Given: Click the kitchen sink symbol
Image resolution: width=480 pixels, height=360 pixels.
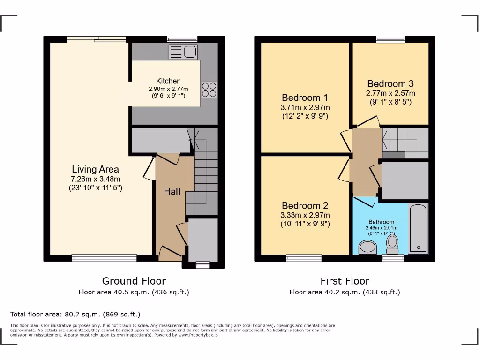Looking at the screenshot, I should pos(183,52).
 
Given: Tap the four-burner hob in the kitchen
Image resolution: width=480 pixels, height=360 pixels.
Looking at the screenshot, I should pos(209,90).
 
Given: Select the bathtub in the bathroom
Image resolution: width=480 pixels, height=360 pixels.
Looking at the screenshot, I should pos(417,228).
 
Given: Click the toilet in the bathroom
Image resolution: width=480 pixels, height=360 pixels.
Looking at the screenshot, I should pos(392,243).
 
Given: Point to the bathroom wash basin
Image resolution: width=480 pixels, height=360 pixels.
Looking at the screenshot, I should pos(367,247).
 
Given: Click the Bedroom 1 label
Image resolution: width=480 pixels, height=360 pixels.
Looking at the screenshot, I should pos(305,97).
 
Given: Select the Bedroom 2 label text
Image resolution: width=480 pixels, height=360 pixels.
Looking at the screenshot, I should pos(305,206).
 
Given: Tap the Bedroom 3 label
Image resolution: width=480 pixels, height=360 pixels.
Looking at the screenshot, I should pos(390,84).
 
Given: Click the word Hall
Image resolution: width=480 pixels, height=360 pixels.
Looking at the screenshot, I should pos(172,191).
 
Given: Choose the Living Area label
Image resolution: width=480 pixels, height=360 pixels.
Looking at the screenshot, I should pos(95,169).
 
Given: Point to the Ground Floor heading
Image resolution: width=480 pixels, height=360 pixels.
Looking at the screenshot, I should pos(134,281).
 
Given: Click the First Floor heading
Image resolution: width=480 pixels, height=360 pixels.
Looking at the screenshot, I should pos(345,281).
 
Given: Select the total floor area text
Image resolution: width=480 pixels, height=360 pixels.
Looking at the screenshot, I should pos(75,314).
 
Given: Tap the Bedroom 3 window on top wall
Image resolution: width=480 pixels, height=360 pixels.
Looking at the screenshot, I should pos(390,39).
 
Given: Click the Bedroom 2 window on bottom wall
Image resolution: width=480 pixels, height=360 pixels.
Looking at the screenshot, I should pos(304,258).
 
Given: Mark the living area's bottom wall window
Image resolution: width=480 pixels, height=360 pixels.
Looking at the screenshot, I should pos(104,258).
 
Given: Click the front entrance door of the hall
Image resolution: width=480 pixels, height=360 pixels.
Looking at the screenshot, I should pos(170,255).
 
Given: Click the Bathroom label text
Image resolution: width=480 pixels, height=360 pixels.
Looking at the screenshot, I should pos(381,222).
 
